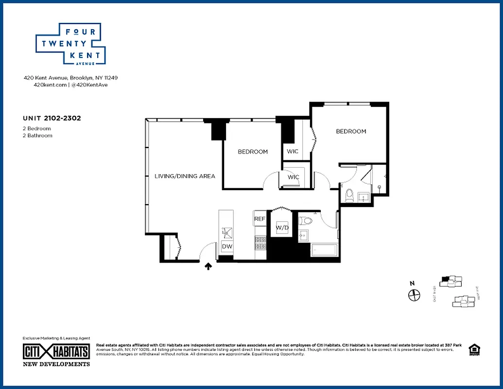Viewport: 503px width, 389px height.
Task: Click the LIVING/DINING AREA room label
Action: tap(185, 176)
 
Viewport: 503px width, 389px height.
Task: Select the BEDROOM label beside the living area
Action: tap(253, 152)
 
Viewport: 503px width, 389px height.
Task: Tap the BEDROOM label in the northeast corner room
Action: tap(351, 131)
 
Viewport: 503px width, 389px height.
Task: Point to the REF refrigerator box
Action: tap(260, 219)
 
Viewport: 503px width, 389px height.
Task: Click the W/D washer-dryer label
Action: tap(282, 228)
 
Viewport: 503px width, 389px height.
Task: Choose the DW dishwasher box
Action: tap(227, 247)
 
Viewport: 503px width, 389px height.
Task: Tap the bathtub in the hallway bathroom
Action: tap(324, 249)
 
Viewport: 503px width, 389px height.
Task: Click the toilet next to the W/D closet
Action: tap(305, 221)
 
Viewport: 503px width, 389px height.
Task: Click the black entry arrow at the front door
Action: tap(208, 266)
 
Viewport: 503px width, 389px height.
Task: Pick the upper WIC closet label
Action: tap(293, 151)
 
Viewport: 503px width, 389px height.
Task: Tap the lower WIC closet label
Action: tap(294, 177)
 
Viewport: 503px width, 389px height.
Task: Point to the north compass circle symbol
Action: tap(414, 295)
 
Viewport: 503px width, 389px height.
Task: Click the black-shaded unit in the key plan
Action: tap(444, 280)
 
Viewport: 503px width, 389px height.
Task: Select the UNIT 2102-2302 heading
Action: tap(51, 118)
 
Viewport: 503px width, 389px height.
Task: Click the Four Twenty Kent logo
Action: tap(71, 44)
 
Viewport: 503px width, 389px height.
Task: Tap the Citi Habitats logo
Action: tap(56, 352)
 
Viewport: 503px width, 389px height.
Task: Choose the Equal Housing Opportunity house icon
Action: tap(472, 349)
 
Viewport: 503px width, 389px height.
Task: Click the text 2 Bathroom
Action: tap(37, 136)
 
